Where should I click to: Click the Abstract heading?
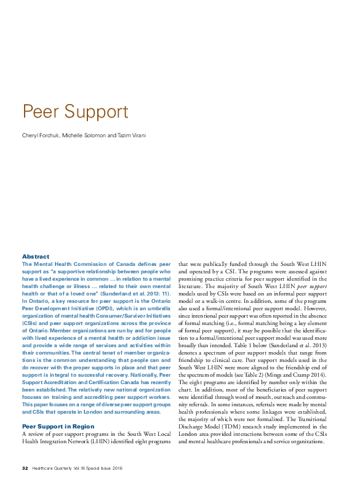[x=36, y=256]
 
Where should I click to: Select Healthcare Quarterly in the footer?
[x=55, y=468]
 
